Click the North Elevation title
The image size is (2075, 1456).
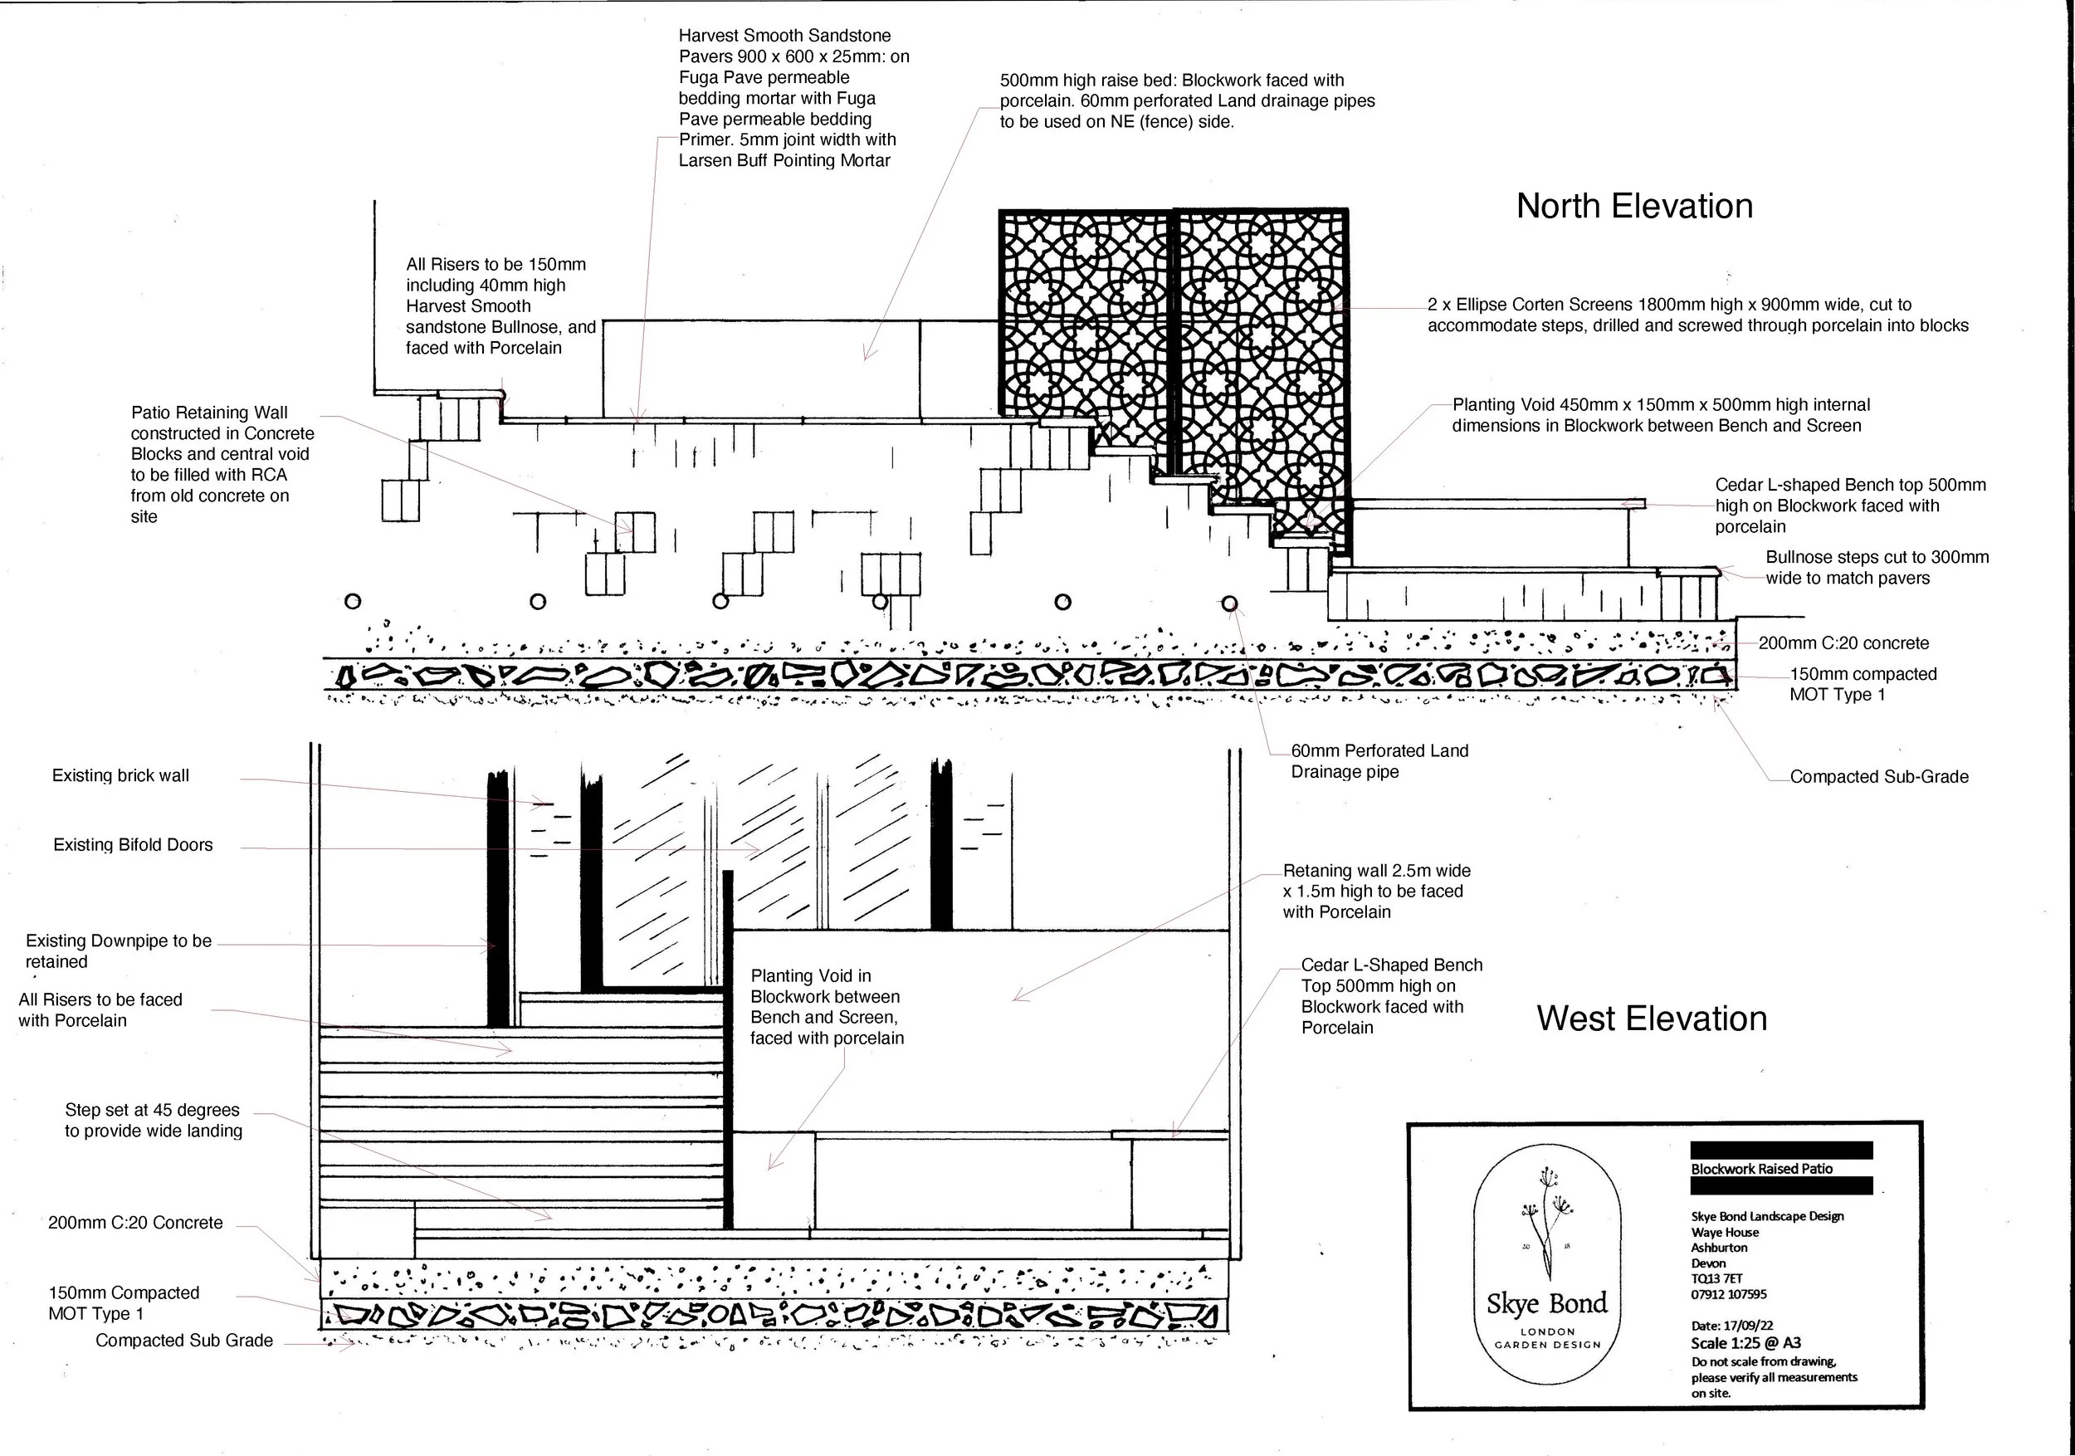(1634, 206)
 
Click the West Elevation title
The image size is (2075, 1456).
(1651, 1019)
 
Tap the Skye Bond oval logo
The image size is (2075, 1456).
(1547, 1265)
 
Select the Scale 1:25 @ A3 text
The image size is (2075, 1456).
(1745, 1343)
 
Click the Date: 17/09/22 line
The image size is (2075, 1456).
(1731, 1325)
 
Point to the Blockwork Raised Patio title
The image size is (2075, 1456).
(1761, 1169)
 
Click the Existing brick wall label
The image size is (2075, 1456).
(120, 775)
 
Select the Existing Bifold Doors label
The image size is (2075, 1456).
(133, 845)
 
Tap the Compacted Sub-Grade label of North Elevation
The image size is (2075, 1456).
(1878, 776)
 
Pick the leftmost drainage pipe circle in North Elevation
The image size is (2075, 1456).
(353, 601)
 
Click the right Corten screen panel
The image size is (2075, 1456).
(1261, 362)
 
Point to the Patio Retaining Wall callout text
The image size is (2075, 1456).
(222, 464)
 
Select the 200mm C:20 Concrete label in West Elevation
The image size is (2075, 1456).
(134, 1223)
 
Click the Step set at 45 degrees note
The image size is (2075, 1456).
(153, 1120)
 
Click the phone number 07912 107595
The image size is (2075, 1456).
(1728, 1294)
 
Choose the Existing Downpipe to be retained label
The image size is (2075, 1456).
(118, 950)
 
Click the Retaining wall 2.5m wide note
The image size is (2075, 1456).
(1375, 892)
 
